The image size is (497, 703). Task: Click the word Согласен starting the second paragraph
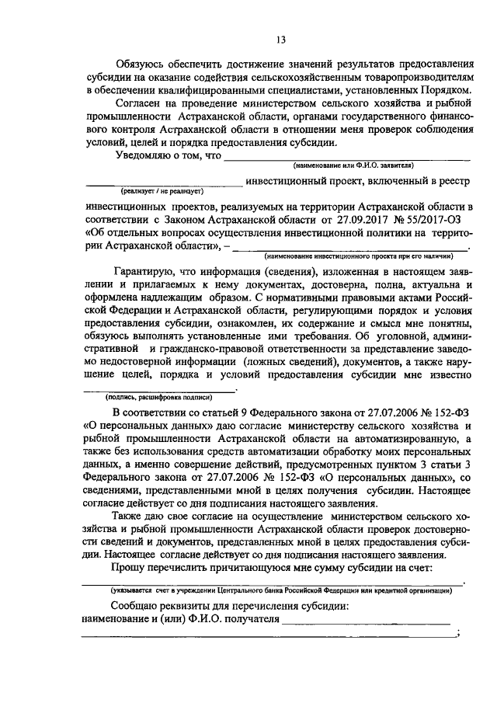click(x=139, y=103)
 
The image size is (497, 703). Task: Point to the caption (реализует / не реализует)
click(x=161, y=190)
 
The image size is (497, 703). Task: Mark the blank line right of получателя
click(x=365, y=621)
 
